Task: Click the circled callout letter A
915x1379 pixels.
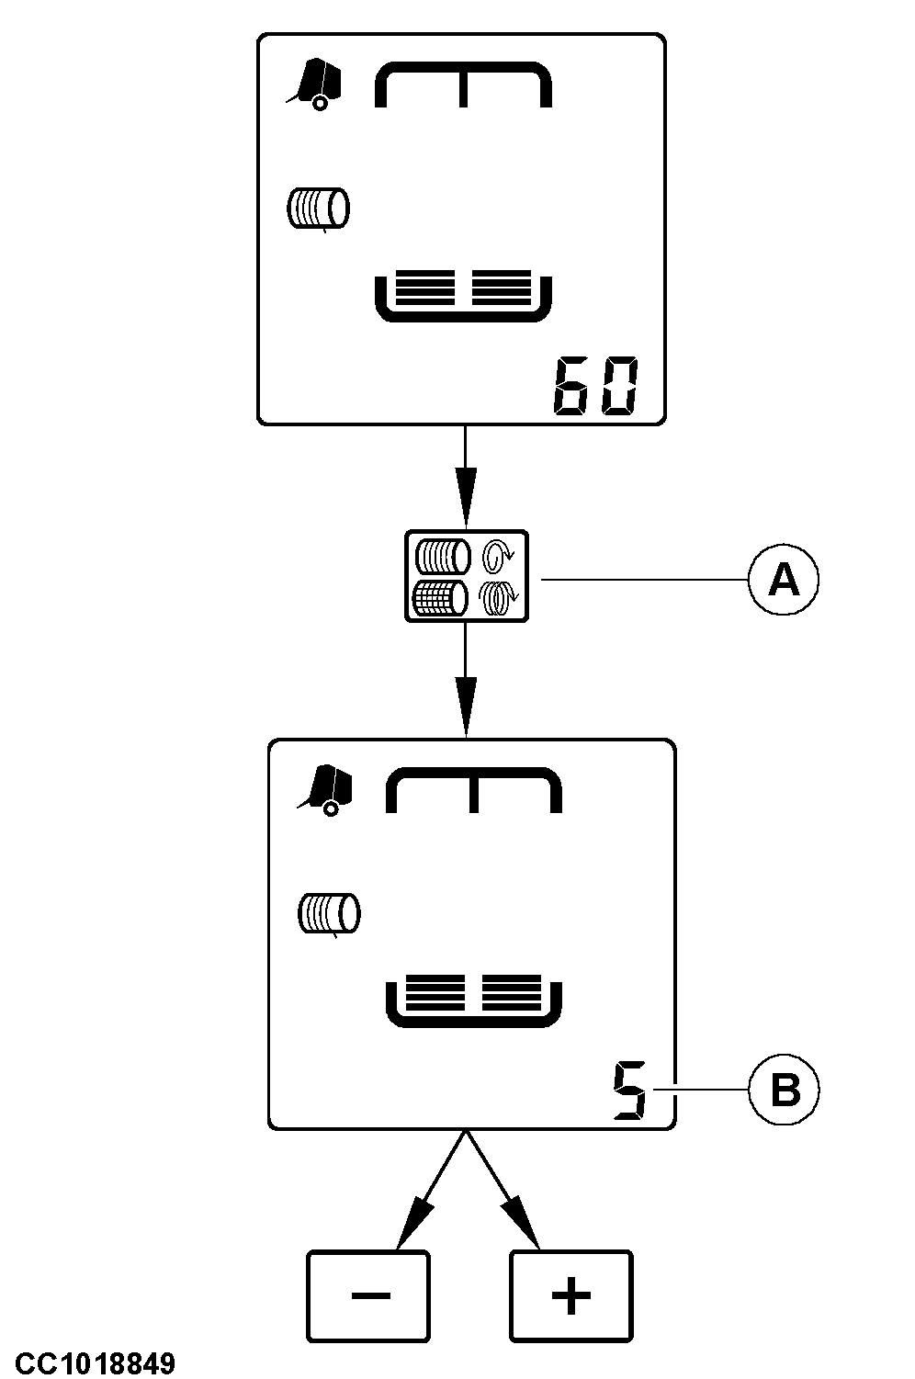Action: (x=783, y=580)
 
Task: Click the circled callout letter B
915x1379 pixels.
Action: (x=783, y=1091)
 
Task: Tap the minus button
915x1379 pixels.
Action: (x=368, y=1295)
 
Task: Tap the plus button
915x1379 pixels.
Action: (x=571, y=1295)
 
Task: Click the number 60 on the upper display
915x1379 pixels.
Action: (x=594, y=387)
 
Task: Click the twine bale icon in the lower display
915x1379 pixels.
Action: (x=329, y=914)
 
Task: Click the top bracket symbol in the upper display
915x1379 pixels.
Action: (x=463, y=84)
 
